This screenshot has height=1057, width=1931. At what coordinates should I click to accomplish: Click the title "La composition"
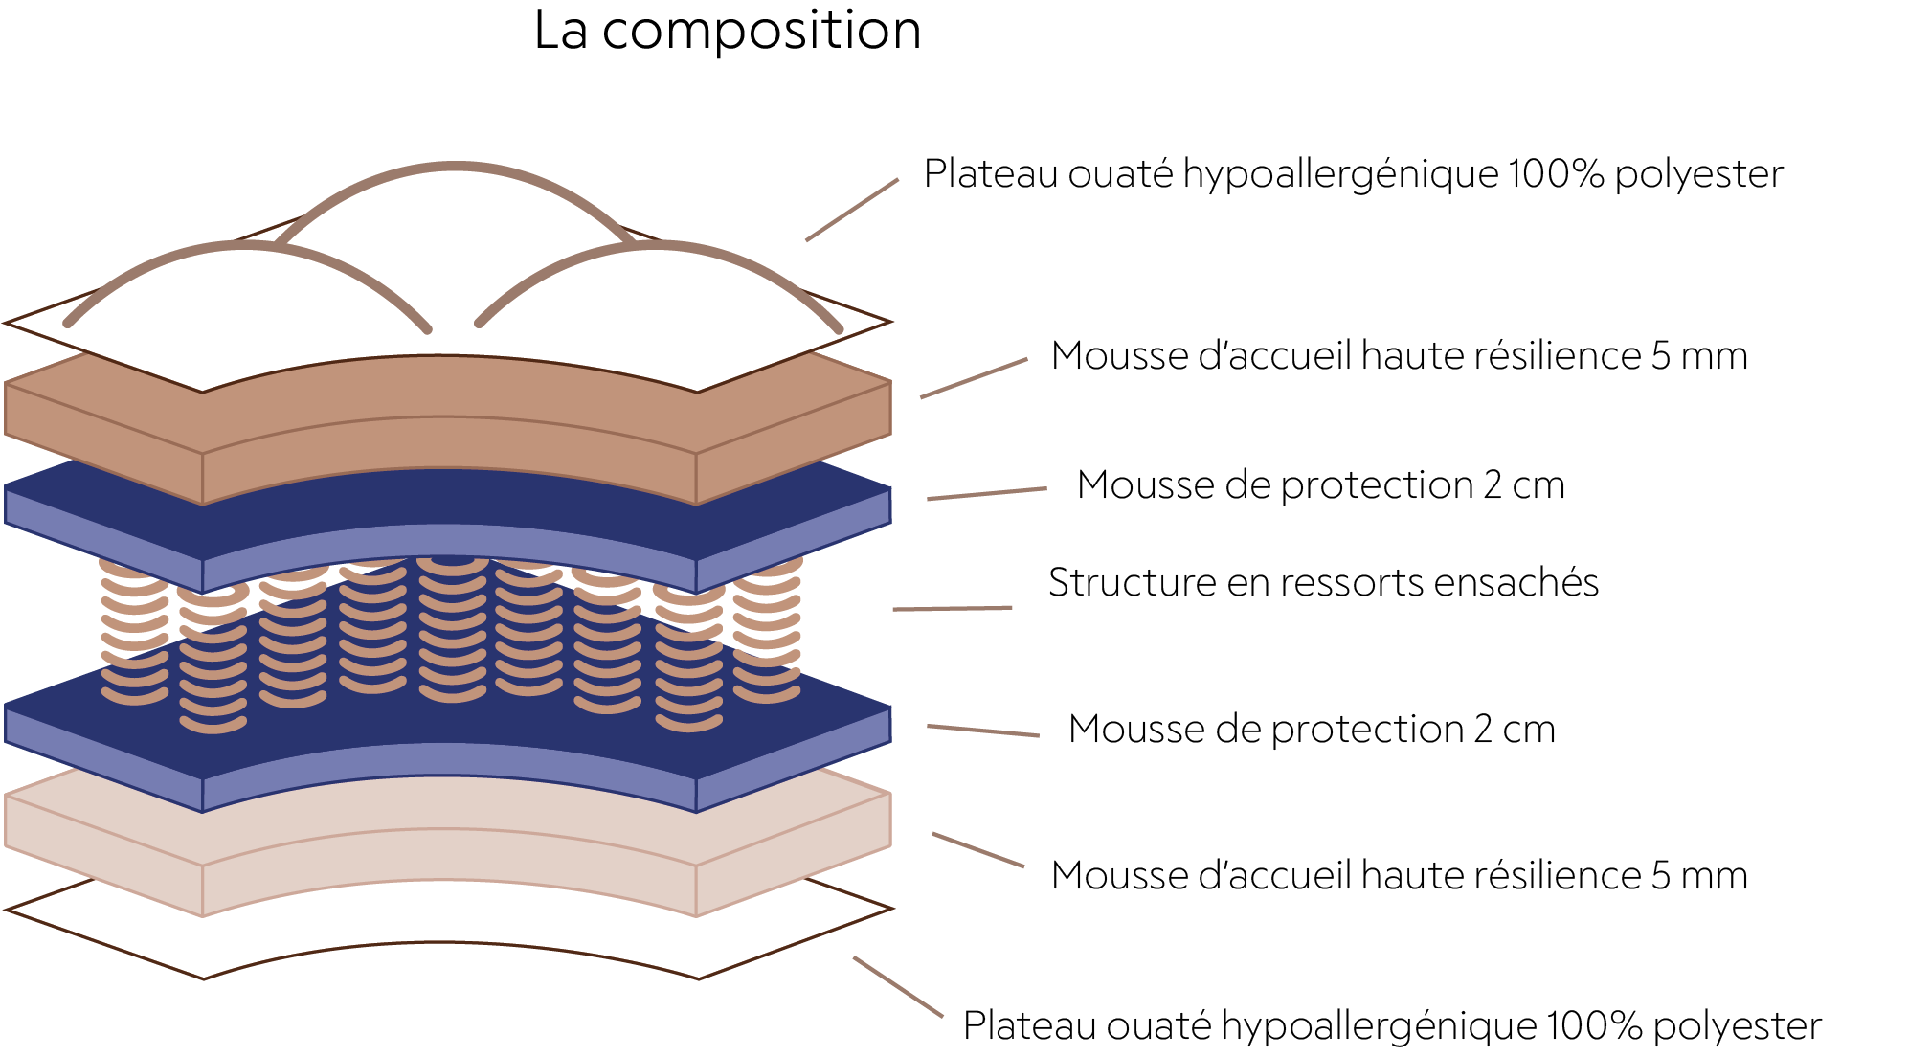pos(728,32)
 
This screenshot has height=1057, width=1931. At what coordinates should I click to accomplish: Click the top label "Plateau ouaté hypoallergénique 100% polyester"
pos(1353,174)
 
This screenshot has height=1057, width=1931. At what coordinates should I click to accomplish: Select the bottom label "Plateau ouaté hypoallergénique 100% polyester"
pos(1392,1025)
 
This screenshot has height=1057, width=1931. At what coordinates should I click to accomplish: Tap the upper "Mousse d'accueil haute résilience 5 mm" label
pos(1399,355)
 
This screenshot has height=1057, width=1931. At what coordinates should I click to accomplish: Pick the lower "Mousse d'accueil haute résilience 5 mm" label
pos(1399,875)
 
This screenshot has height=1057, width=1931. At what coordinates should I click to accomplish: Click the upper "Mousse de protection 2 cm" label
pos(1320,485)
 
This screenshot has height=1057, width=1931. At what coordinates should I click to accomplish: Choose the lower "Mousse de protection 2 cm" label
pos(1312,730)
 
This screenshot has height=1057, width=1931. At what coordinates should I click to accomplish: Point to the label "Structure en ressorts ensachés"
pos(1323,582)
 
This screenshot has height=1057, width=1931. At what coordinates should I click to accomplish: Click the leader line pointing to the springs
pos(953,608)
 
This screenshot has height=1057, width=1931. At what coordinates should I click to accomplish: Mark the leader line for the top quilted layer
pos(852,210)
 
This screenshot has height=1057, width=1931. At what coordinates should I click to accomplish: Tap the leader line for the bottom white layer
pos(898,986)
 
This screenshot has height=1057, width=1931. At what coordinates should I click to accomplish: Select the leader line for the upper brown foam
pos(974,378)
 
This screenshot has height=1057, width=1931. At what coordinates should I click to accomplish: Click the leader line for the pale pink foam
pos(978,850)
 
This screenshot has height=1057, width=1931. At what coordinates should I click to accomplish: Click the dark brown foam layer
pos(448,431)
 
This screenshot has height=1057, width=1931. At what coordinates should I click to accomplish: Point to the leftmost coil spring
pos(134,632)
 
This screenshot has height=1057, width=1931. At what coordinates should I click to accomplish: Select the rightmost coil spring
pos(767,627)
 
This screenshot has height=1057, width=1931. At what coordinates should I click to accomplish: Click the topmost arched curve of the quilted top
pos(455,168)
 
